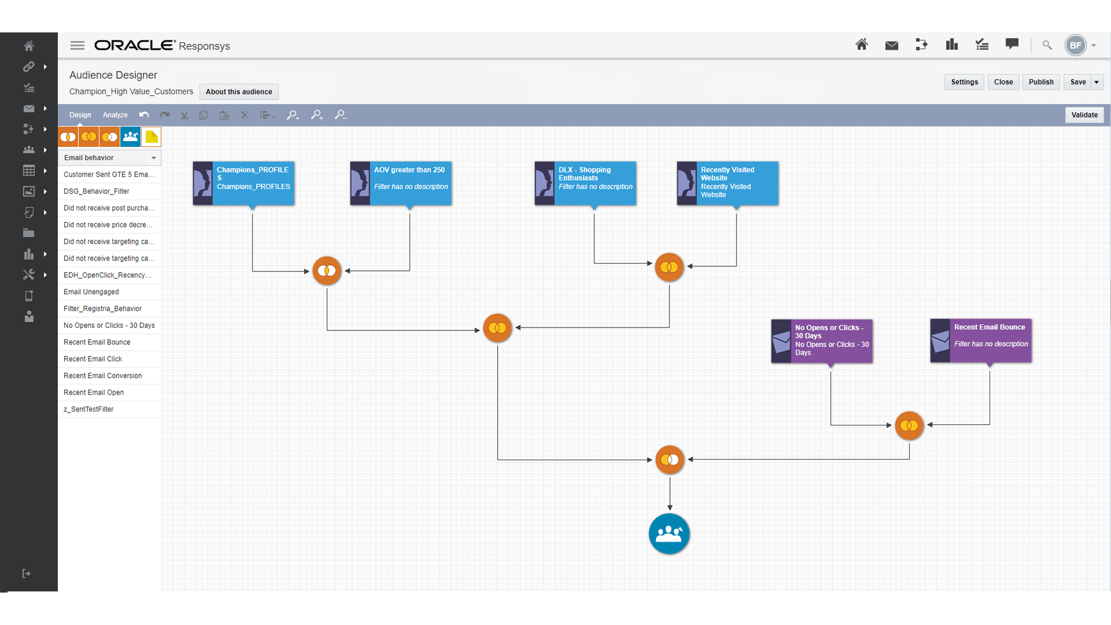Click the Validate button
(x=1084, y=115)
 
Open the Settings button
(x=964, y=82)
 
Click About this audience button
(x=238, y=92)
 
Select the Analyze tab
(x=115, y=115)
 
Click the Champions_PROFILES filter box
(x=244, y=183)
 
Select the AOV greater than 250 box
(x=401, y=183)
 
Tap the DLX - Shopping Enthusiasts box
(x=586, y=183)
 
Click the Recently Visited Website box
(x=728, y=183)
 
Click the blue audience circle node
(x=669, y=534)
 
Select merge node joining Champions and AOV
(x=327, y=271)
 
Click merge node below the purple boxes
(x=909, y=426)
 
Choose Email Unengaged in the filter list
(x=91, y=292)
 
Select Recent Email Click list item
(x=93, y=359)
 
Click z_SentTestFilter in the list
(x=89, y=410)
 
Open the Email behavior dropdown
(x=109, y=158)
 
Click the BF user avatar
(x=1075, y=46)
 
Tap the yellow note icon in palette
(x=152, y=137)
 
